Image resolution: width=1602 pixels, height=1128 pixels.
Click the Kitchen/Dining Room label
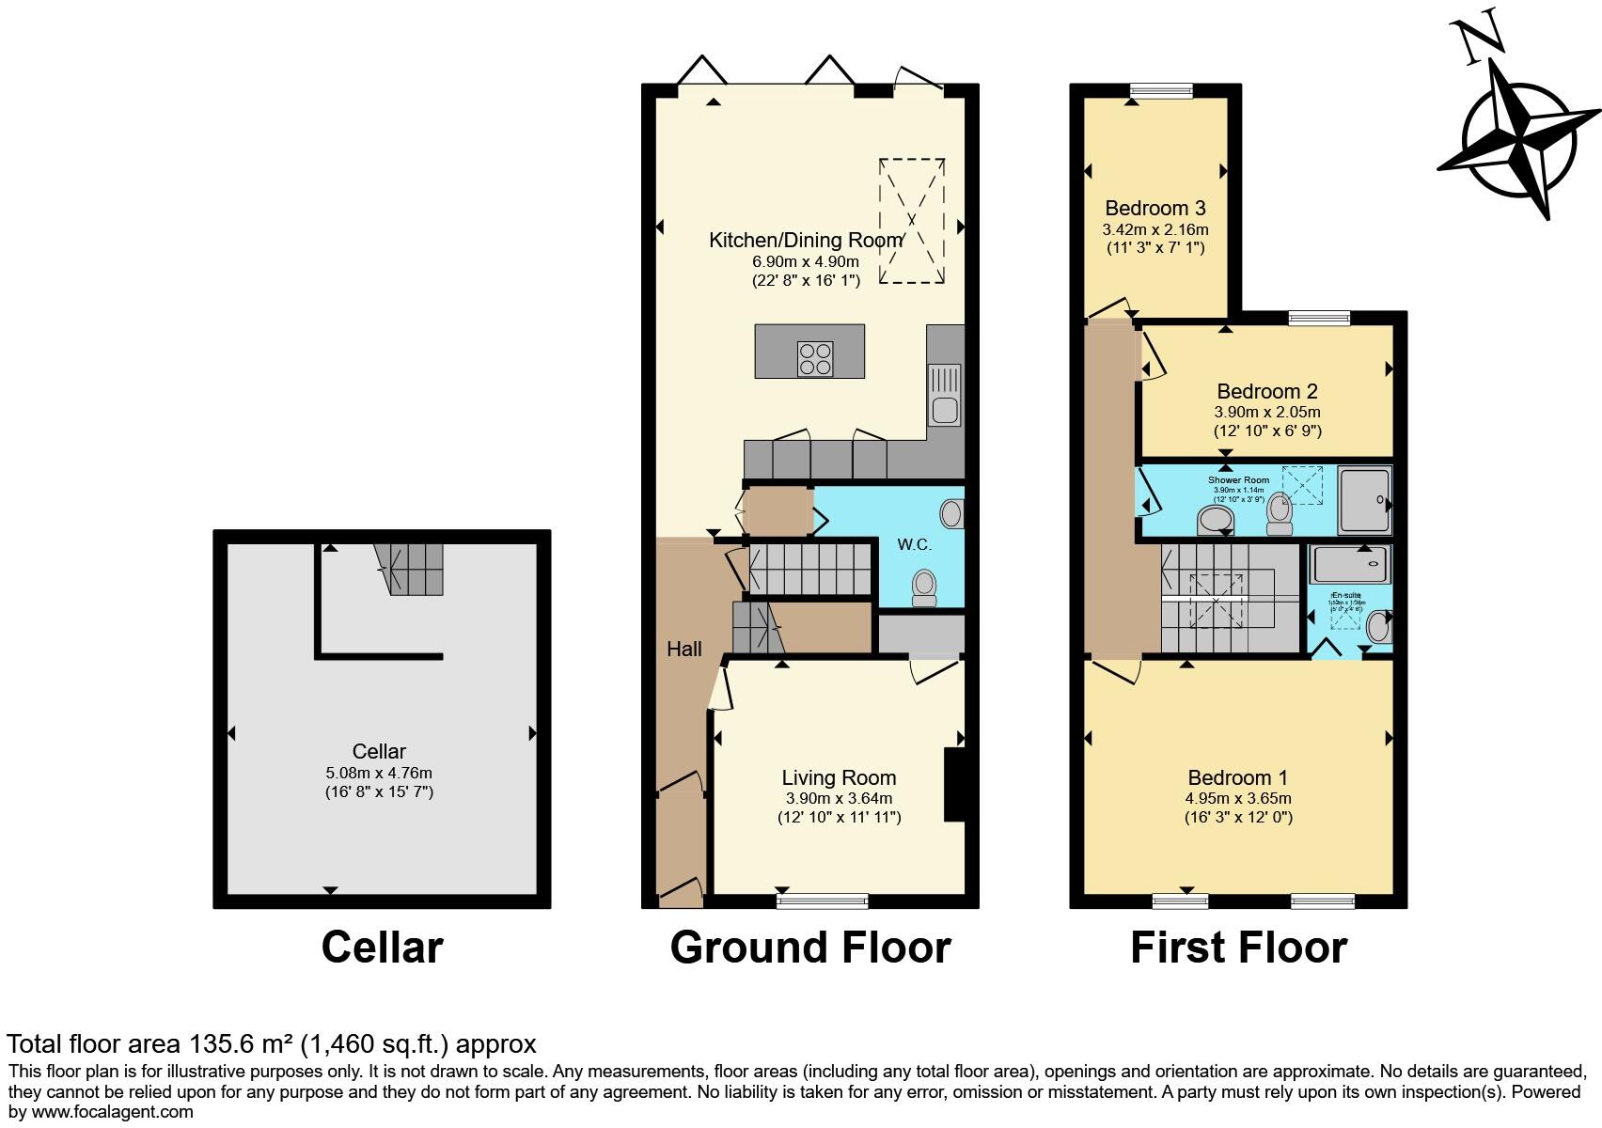[806, 241]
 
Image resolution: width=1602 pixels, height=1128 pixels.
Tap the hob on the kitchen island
[815, 359]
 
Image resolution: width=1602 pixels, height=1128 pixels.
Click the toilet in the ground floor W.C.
[924, 589]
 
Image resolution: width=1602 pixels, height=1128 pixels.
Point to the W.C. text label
[914, 544]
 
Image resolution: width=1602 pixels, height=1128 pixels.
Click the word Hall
[683, 649]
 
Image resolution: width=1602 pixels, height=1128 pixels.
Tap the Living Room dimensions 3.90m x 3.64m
[839, 798]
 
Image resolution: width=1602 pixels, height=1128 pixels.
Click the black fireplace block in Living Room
[954, 785]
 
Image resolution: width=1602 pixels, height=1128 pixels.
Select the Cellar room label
[379, 751]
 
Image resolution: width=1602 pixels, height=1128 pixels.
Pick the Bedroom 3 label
[1154, 208]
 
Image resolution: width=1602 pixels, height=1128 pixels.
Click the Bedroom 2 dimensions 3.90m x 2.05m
[1266, 412]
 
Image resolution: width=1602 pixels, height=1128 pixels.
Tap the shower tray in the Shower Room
[1364, 500]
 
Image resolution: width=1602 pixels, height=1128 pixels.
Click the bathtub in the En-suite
[1350, 564]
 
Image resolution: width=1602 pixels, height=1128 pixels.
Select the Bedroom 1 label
[1237, 777]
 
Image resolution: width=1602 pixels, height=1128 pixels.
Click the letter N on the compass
[1479, 41]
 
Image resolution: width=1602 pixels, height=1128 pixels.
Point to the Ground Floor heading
[809, 948]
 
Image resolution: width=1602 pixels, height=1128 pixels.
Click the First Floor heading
[1238, 948]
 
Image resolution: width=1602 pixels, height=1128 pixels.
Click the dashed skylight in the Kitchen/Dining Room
[911, 221]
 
